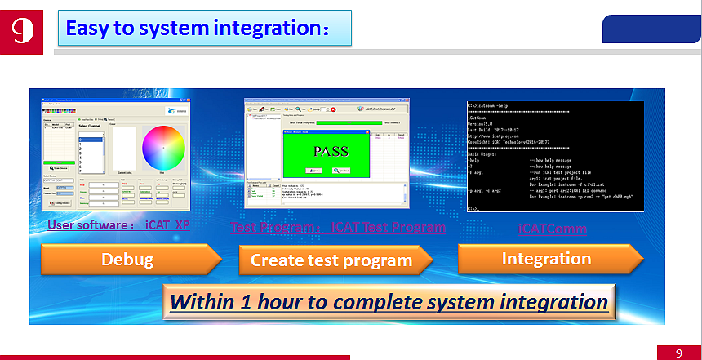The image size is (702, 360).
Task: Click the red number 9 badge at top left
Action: click(20, 30)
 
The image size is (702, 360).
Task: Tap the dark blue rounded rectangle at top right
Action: click(651, 29)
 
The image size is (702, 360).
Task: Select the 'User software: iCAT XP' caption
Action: click(118, 224)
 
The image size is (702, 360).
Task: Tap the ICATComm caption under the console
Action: click(553, 229)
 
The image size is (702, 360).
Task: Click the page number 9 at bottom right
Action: click(678, 353)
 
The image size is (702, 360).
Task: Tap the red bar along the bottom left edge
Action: click(175, 357)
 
